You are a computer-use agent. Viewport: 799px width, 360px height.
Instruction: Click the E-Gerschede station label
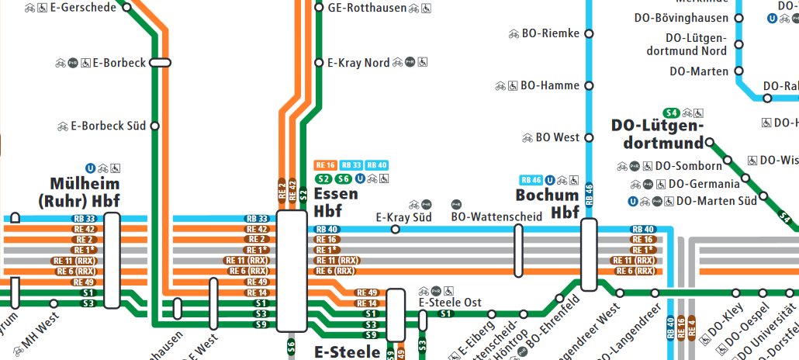point(84,8)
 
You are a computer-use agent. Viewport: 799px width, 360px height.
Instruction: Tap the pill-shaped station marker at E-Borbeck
point(160,63)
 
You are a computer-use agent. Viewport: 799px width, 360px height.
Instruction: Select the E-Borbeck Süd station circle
point(154,126)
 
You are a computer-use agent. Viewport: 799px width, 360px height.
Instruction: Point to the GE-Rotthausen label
point(367,8)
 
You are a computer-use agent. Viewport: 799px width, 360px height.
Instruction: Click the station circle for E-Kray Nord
point(319,63)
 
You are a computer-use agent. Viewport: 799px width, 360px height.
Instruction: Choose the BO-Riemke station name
point(551,33)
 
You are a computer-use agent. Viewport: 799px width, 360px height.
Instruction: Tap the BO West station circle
point(588,138)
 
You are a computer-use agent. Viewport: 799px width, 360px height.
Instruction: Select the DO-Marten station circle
point(739,71)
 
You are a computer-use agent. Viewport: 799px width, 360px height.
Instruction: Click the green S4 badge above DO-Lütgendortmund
point(672,112)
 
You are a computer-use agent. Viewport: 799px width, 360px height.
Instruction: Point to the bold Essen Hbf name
point(336,202)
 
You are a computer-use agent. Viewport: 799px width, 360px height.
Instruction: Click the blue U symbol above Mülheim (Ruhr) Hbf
point(91,168)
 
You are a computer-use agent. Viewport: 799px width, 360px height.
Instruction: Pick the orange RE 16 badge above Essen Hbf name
point(325,165)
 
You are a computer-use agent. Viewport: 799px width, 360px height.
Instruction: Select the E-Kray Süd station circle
point(395,230)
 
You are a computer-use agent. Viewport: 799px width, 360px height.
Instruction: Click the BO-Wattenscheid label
point(496,217)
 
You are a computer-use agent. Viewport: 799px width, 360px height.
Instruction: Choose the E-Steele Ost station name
point(450,303)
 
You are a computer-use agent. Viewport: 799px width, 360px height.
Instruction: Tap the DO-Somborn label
point(689,165)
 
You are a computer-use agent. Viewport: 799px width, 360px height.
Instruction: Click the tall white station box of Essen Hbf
point(292,272)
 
